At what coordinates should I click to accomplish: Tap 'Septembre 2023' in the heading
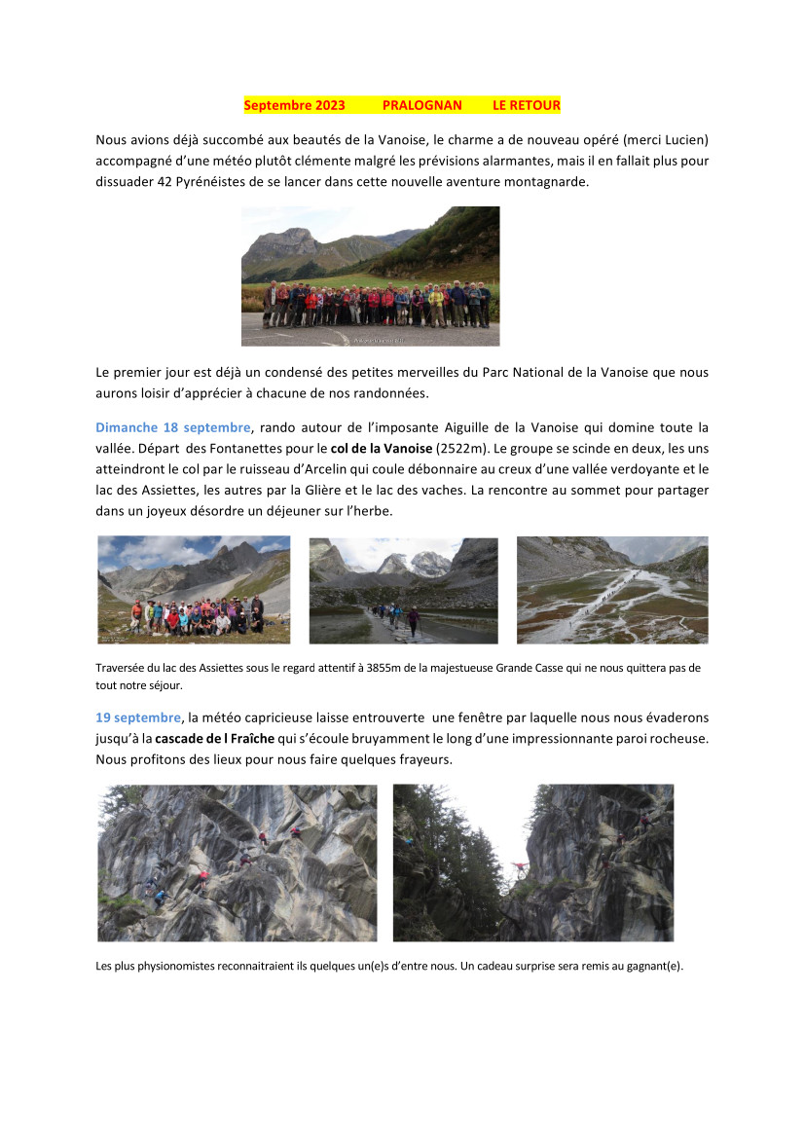click(x=294, y=105)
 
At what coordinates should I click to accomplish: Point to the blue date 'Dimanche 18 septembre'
click(x=172, y=427)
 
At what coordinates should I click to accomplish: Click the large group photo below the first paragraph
click(x=370, y=275)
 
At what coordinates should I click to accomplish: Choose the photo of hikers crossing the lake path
click(x=403, y=590)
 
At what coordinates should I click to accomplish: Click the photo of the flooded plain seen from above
click(x=612, y=590)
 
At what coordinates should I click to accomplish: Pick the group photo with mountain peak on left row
click(x=194, y=590)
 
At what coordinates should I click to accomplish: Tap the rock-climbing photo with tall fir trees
click(x=532, y=863)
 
